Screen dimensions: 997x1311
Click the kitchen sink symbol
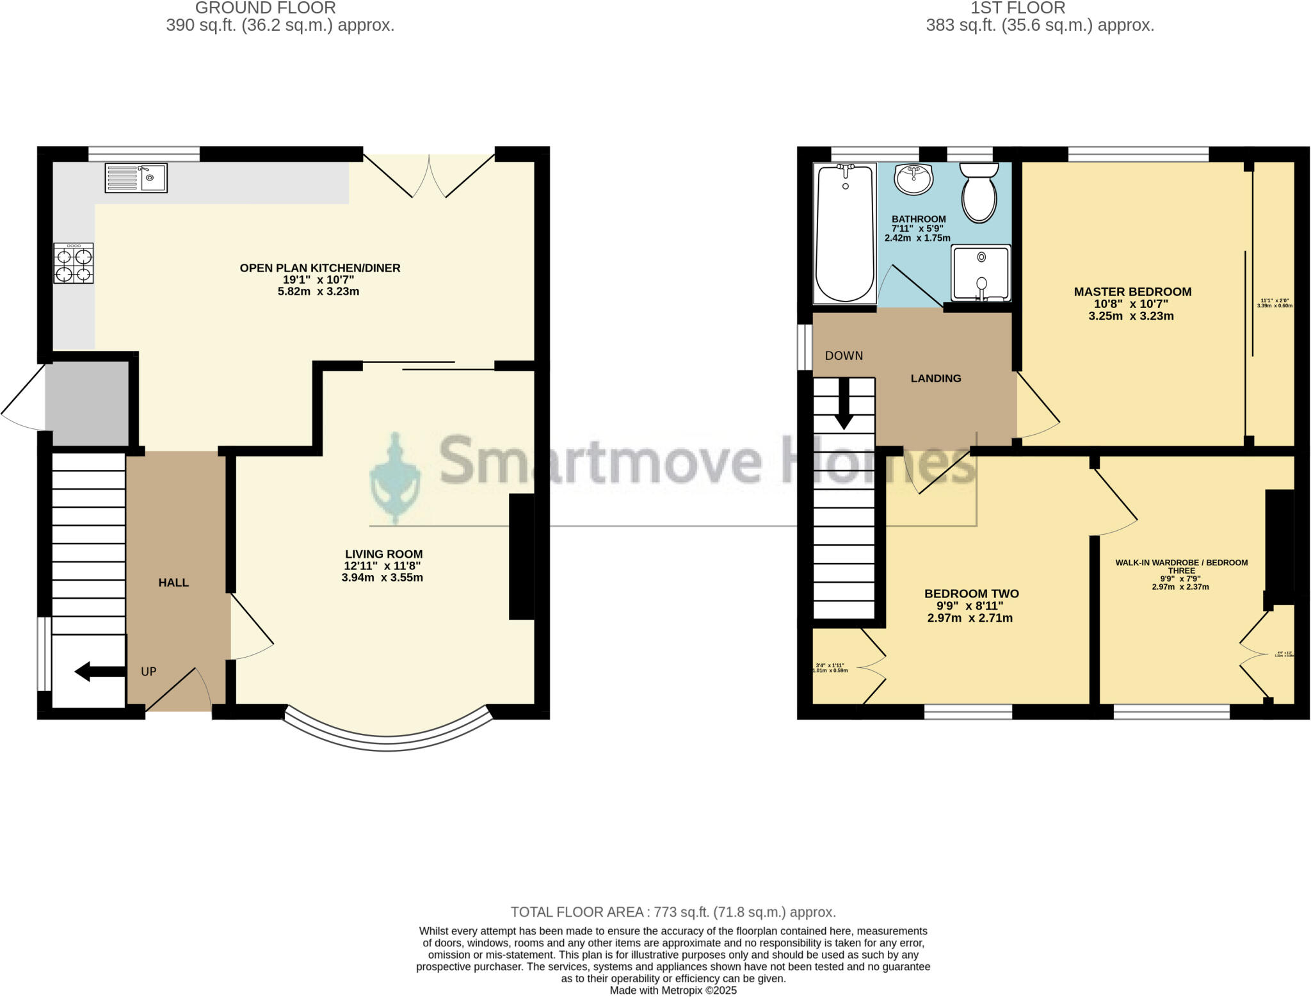pos(136,178)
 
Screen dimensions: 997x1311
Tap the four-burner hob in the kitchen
pos(74,263)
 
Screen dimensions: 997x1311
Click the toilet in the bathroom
pos(979,191)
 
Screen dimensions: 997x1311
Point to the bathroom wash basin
pos(913,179)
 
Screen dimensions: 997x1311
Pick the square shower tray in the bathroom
pos(981,273)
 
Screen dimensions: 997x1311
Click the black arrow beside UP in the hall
pos(99,672)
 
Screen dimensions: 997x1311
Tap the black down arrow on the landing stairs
pos(844,403)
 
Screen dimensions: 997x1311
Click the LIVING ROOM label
pos(383,554)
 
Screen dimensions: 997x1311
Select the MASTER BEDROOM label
pos(1132,292)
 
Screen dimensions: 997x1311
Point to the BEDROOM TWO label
pos(971,594)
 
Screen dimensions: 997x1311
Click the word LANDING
pos(935,378)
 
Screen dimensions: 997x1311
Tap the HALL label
pos(173,583)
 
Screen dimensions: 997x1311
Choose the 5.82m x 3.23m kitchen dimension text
pos(318,292)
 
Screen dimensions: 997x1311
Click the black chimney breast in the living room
pos(521,556)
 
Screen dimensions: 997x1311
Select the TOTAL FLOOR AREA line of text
pos(673,912)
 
